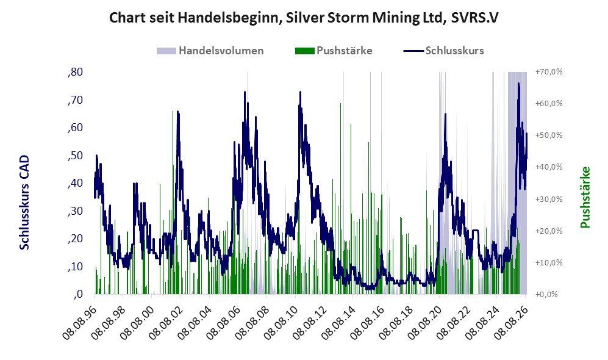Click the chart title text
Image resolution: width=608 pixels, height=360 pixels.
304,18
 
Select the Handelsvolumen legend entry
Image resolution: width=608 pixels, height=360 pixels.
210,51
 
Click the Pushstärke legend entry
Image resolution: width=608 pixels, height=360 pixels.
334,51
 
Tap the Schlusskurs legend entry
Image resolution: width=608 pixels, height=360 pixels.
443,51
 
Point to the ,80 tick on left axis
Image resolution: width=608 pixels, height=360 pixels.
75,72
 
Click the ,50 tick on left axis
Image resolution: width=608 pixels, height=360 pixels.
75,156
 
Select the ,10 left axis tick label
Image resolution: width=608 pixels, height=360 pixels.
75,267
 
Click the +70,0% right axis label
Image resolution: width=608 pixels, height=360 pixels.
549,72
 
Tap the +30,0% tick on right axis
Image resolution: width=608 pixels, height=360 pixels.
549,200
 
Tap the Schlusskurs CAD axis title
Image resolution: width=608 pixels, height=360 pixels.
24,203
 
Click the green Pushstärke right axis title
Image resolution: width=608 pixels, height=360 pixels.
585,198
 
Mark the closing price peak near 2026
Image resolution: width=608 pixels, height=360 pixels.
518,84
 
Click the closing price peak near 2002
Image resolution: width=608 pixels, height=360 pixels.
177,112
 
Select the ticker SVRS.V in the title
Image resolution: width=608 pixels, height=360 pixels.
474,18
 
